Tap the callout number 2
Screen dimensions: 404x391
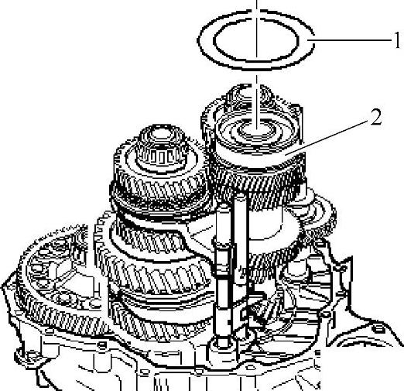[x=376, y=117]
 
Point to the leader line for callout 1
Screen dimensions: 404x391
[x=350, y=40]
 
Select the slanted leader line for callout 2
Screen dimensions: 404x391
[x=327, y=137]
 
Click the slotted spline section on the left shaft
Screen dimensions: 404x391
[x=161, y=157]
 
